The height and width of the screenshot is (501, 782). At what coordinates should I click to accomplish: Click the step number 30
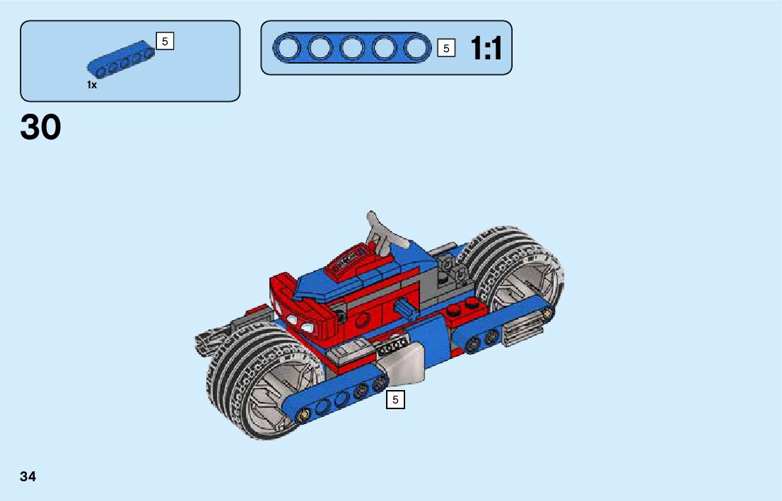40,127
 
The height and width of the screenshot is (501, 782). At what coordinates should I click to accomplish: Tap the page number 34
28,476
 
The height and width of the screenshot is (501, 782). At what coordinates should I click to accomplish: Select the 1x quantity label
92,85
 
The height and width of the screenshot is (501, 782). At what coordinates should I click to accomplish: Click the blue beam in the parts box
121,60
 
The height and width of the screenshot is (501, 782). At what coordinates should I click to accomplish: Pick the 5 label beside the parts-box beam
165,41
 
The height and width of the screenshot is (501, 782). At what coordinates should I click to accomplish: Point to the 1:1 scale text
486,48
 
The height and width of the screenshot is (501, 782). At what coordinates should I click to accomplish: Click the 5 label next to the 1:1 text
446,48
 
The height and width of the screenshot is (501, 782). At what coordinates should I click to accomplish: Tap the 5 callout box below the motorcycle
395,400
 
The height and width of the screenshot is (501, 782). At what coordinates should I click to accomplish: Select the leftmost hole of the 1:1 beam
288,48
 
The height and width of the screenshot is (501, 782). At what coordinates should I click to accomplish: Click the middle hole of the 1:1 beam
352,48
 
